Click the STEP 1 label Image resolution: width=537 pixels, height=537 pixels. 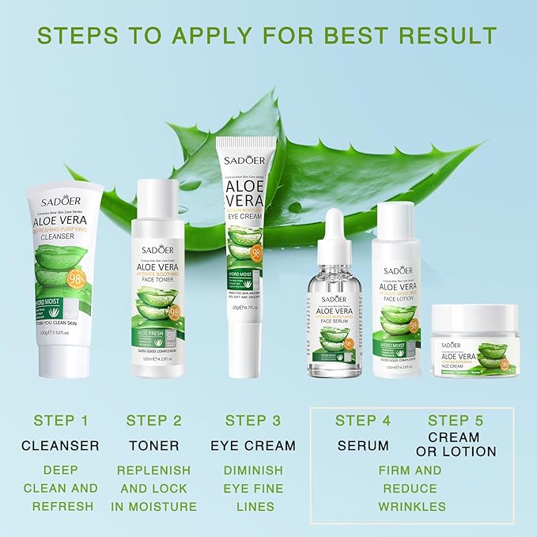(61, 420)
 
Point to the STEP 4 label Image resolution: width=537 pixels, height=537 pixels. (363, 420)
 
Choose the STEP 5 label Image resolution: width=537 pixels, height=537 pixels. (456, 420)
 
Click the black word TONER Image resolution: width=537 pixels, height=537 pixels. (153, 445)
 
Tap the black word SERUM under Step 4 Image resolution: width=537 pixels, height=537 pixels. (363, 445)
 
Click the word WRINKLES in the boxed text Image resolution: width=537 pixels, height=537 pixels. (410, 506)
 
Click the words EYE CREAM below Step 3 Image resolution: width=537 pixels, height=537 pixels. (253, 445)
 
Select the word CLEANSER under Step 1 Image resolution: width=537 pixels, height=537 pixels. (61, 445)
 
